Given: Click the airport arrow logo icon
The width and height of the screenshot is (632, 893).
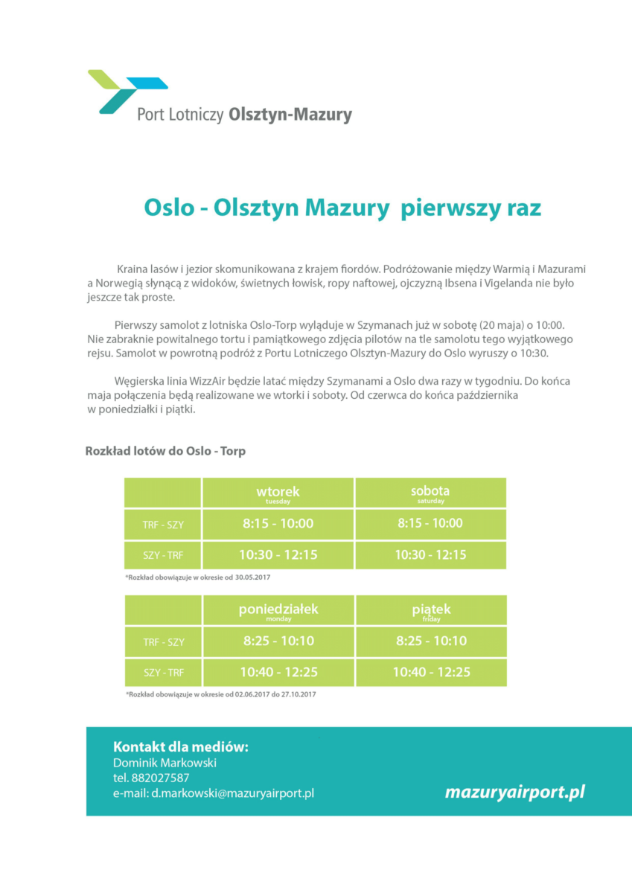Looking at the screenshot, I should pyautogui.click(x=127, y=91).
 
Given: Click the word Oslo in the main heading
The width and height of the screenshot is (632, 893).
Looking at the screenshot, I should pyautogui.click(x=169, y=208).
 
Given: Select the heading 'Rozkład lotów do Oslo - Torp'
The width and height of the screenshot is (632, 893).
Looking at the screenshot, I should pyautogui.click(x=165, y=451).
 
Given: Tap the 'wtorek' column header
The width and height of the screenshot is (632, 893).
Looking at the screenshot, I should pyautogui.click(x=278, y=493).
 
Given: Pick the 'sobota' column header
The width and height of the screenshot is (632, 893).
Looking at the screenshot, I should pyautogui.click(x=430, y=493).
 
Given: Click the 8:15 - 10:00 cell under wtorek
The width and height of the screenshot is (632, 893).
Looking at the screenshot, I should pyautogui.click(x=278, y=524).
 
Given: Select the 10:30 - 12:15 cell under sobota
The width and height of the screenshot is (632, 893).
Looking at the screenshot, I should pyautogui.click(x=430, y=555).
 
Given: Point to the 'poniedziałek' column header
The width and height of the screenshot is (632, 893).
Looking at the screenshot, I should pyautogui.click(x=278, y=611).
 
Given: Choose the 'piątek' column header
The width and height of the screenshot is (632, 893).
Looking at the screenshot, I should pyautogui.click(x=431, y=611).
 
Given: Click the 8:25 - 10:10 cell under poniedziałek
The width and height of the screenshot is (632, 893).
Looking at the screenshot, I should pyautogui.click(x=278, y=641).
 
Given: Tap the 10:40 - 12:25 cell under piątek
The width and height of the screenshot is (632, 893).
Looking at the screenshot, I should pyautogui.click(x=431, y=673).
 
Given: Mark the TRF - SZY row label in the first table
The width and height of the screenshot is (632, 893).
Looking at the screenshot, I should pyautogui.click(x=163, y=525).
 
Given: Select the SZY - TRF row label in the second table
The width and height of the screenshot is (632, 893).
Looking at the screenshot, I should pyautogui.click(x=163, y=673).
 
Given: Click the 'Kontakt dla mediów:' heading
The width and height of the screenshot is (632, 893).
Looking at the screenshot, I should pyautogui.click(x=181, y=746).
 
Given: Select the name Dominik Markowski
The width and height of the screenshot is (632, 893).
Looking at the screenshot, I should pyautogui.click(x=165, y=763).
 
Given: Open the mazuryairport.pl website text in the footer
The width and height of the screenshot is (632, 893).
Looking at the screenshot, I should pyautogui.click(x=514, y=792).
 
